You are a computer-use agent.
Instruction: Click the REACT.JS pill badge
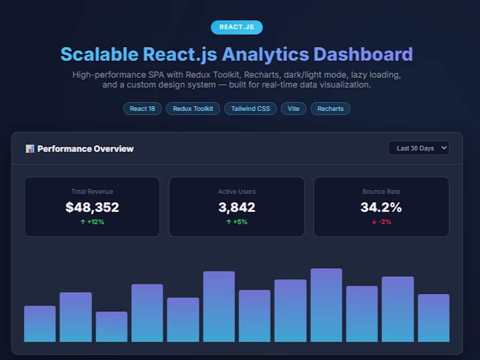(237, 27)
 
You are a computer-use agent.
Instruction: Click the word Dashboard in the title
(363, 54)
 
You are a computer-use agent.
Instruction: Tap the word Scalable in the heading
(100, 54)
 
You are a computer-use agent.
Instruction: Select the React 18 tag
(142, 109)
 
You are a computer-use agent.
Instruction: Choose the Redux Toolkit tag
(193, 109)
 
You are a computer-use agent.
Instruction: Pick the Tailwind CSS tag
(251, 109)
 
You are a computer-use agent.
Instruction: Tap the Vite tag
(293, 109)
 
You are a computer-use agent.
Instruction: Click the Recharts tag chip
(330, 109)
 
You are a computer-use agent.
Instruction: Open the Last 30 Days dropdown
(419, 148)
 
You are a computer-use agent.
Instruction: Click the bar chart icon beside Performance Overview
(30, 149)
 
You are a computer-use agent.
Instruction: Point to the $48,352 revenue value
(92, 207)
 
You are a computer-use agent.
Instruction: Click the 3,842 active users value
(237, 207)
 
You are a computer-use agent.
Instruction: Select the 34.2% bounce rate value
(381, 207)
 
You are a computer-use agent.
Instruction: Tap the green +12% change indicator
(92, 222)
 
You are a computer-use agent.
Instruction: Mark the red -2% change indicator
(381, 222)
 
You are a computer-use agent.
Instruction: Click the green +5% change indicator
(237, 222)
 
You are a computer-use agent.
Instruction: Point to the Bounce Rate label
(381, 191)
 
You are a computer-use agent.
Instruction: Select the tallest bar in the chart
(326, 305)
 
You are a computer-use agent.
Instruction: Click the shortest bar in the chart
(111, 326)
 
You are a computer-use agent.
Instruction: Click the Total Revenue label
(92, 191)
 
